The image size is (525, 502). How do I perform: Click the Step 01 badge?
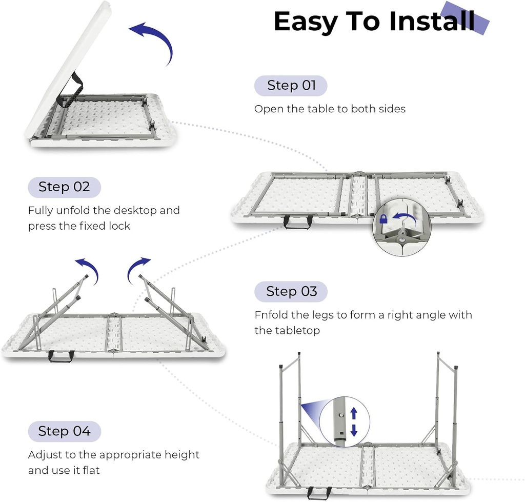coord(291,86)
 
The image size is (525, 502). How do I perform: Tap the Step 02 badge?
coord(64,187)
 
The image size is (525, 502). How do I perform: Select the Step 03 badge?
coord(291,292)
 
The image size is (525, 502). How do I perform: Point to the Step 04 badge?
coord(64,431)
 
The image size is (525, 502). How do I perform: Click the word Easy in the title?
coord(306,22)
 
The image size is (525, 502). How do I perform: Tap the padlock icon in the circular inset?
coord(383,219)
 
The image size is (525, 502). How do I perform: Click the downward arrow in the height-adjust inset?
coord(354,430)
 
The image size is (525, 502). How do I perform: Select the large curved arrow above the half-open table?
coord(154,41)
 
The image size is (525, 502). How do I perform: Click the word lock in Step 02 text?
coord(119,226)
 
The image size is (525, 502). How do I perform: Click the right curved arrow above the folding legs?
coord(137,268)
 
